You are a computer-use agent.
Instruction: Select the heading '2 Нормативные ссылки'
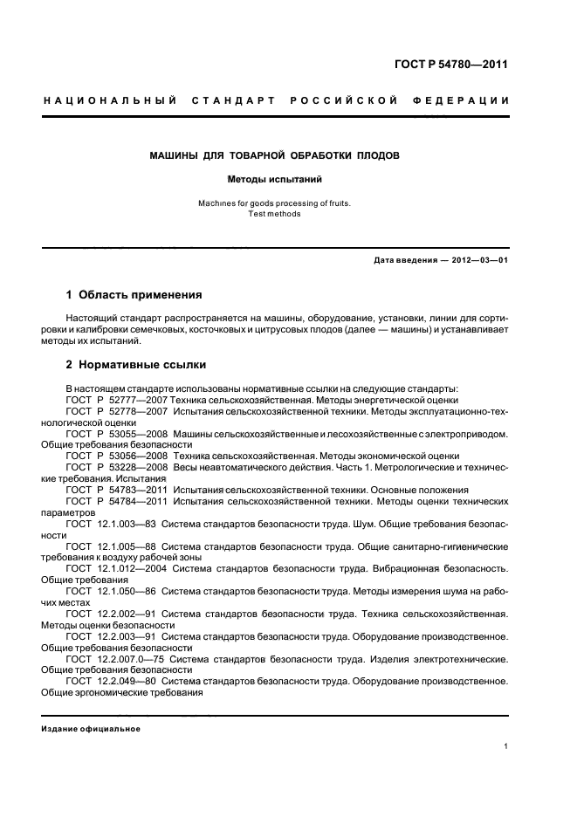(x=136, y=364)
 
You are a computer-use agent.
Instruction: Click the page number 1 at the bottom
(x=506, y=745)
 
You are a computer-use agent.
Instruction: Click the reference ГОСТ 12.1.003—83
(x=111, y=524)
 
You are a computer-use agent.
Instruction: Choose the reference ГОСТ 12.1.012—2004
(x=116, y=568)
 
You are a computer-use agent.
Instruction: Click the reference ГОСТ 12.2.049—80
(x=111, y=682)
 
